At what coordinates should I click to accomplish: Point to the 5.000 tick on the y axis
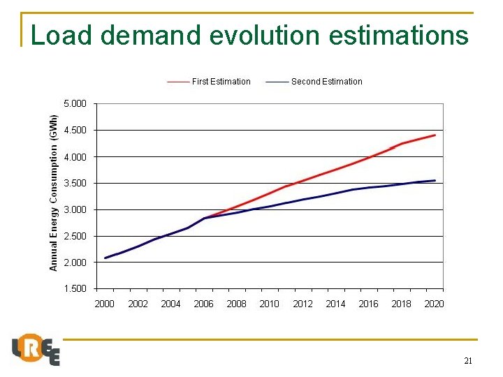75,104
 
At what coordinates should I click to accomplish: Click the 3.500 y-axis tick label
75,183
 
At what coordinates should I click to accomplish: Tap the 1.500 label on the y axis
75,288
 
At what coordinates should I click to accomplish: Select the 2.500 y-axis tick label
75,236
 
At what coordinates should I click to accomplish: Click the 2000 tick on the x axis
105,304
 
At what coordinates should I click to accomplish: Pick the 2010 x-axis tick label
270,304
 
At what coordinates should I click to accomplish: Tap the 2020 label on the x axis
434,304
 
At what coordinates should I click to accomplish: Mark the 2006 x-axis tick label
203,304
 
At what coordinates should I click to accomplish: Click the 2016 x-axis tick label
368,304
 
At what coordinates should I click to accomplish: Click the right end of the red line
435,135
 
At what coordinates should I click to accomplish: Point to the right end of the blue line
435,180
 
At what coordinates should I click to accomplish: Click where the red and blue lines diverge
204,218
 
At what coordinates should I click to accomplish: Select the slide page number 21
468,361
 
